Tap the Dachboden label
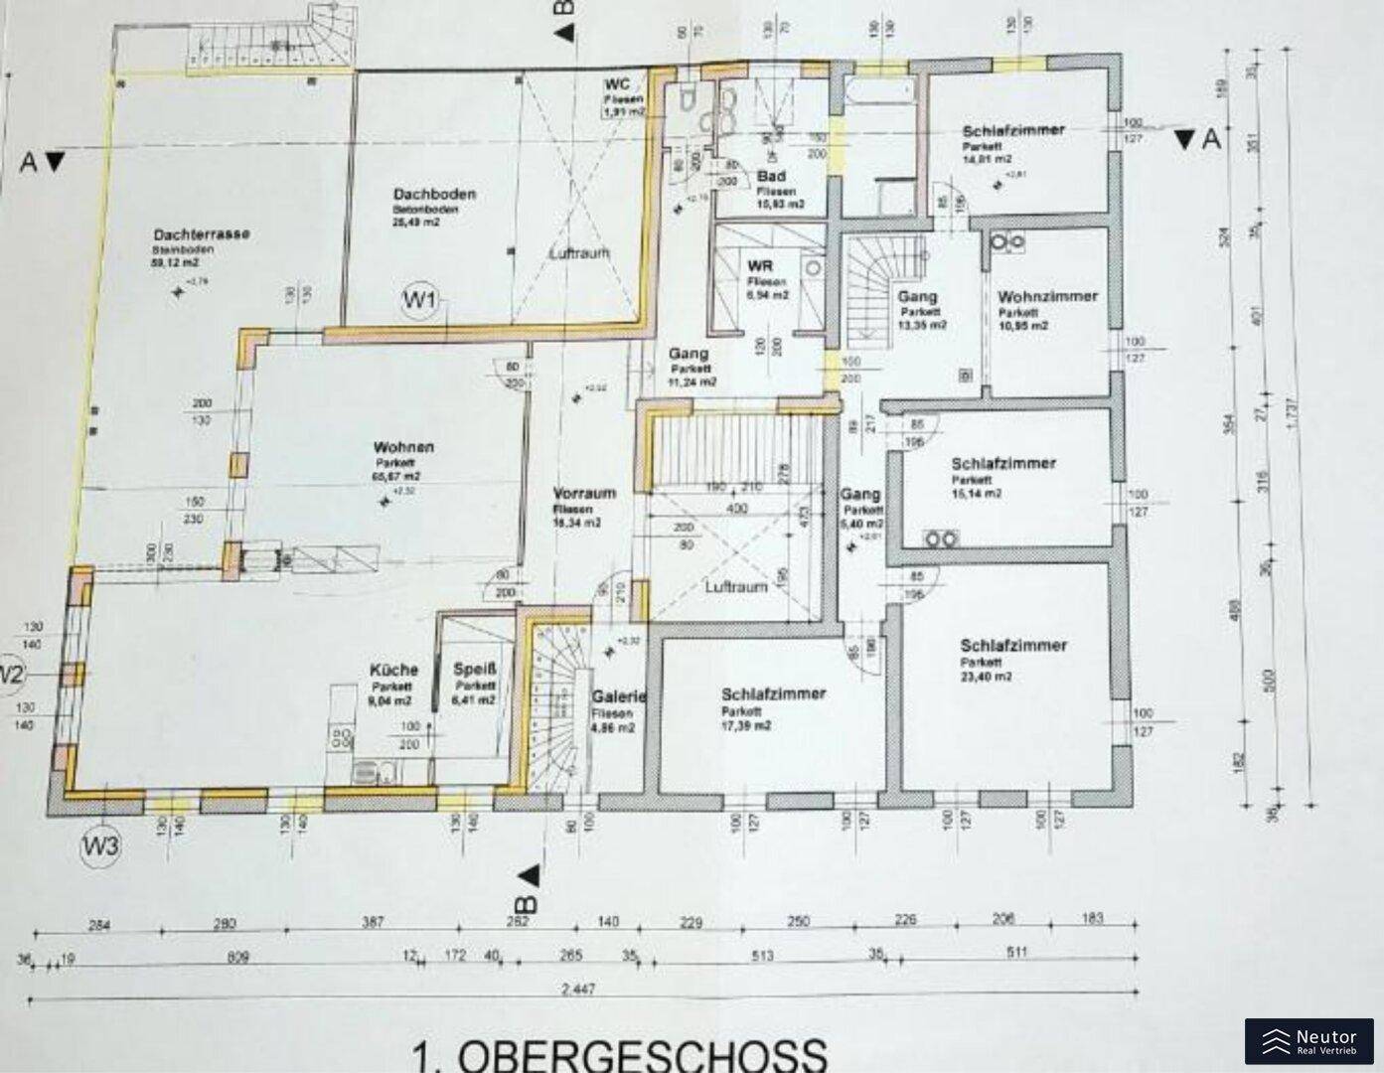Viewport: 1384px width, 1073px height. coord(433,194)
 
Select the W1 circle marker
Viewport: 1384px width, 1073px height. coord(421,301)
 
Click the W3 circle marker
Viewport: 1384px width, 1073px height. coord(101,846)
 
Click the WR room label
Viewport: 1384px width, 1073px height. coord(760,267)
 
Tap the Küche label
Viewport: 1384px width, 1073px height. coord(393,670)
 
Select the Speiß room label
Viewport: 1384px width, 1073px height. coord(474,670)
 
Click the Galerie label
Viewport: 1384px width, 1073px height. coord(618,697)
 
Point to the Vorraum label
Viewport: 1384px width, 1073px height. coord(584,493)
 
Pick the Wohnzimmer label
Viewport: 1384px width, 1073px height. coord(1047,296)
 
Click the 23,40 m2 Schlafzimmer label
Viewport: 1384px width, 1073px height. coord(1013,645)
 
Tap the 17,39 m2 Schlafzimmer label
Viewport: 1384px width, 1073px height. coord(773,694)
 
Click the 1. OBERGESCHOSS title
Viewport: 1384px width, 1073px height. coord(618,1053)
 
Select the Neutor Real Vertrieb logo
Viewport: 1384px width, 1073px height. coord(1308,1041)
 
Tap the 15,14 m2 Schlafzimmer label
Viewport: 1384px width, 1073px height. coord(1002,463)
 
